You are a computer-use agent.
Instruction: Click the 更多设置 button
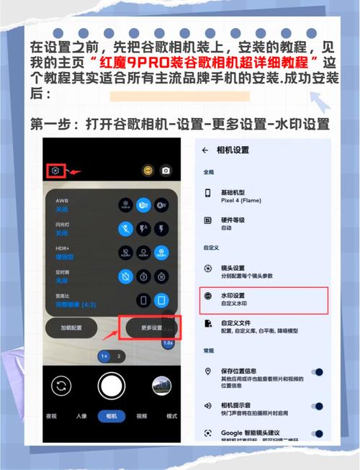[150, 327]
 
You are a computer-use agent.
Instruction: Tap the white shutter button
[111, 385]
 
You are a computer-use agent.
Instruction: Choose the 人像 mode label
[81, 416]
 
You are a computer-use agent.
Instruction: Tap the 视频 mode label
[141, 416]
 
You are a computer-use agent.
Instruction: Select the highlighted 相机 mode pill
[112, 416]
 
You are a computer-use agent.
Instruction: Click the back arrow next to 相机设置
[205, 150]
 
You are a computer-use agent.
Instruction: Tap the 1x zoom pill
[104, 356]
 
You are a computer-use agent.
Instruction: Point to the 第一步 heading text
[180, 124]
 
